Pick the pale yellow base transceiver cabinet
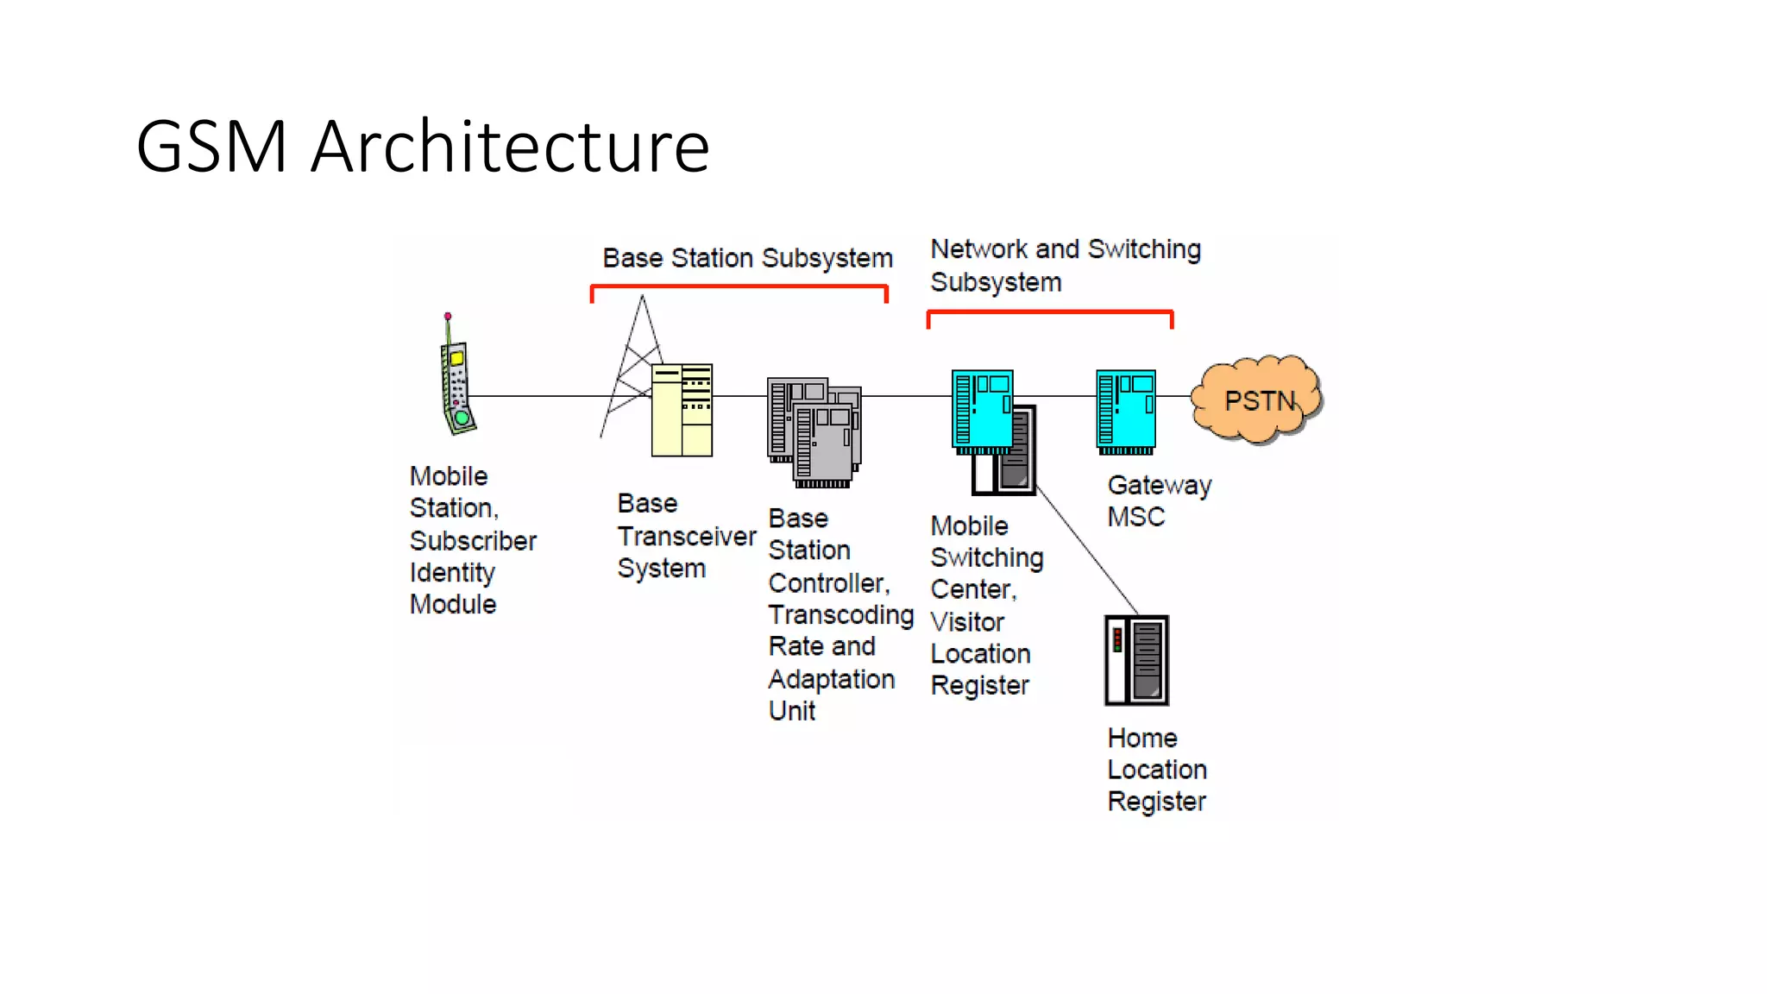[682, 411]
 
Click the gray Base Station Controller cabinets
[814, 431]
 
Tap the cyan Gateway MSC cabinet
[1126, 410]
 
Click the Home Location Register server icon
[1137, 660]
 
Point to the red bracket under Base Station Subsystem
[739, 286]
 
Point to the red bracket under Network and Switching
[1049, 311]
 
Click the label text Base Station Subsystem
[747, 258]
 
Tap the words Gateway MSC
[1159, 500]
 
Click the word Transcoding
[840, 615]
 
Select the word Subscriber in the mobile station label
[473, 541]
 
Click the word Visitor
[967, 621]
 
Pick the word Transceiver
[687, 536]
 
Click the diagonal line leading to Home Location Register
[1087, 550]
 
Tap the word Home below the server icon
[1142, 738]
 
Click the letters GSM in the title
[211, 147]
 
